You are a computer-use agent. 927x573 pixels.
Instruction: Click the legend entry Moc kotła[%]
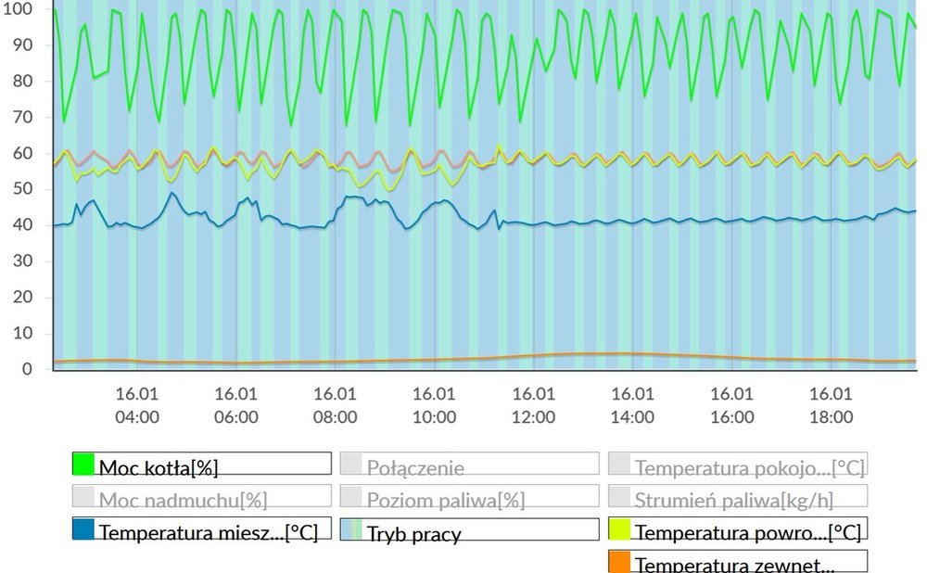point(201,465)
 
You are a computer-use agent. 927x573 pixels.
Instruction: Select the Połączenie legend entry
point(469,465)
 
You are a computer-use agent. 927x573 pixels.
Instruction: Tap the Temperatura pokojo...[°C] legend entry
point(738,465)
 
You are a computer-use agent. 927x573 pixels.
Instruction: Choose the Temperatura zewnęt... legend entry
point(738,562)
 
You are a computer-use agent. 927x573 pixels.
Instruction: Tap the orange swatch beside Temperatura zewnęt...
point(620,562)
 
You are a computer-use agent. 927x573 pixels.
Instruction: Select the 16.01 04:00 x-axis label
point(136,405)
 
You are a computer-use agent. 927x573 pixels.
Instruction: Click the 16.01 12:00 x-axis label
point(533,405)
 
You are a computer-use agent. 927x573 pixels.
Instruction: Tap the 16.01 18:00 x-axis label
point(831,405)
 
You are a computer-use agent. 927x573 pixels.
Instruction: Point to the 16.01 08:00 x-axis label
point(335,405)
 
